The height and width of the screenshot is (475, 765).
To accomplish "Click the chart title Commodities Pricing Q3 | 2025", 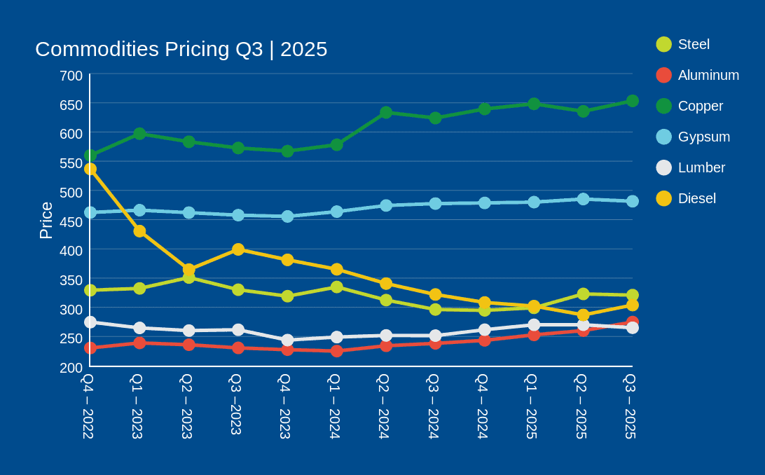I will (181, 49).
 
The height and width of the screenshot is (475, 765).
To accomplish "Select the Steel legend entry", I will (694, 44).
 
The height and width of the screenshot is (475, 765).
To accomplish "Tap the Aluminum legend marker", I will (664, 75).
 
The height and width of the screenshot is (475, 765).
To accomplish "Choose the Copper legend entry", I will (701, 106).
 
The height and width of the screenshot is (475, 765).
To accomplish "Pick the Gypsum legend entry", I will (703, 137).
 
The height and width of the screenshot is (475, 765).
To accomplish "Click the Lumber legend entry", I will (701, 167).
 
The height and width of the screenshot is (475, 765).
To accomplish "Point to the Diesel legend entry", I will (696, 198).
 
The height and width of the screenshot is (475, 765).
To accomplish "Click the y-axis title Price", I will (46, 221).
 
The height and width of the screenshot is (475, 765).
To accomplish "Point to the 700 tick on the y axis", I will (71, 76).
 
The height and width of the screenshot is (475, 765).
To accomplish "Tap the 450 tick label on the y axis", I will (71, 222).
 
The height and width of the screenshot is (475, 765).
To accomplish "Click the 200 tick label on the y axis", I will (71, 368).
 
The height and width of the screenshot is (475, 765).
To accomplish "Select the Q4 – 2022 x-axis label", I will (88, 406).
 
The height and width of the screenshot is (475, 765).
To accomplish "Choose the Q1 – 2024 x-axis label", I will (335, 406).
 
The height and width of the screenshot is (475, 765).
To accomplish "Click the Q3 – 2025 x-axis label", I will (630, 406).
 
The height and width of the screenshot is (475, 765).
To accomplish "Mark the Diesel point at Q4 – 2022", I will (90, 169).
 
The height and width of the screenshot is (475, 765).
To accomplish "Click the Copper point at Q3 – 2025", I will (633, 101).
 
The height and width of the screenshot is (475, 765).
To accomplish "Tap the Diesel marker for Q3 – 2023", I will (238, 249).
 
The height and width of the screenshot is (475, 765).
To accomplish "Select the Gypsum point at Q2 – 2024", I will (386, 205).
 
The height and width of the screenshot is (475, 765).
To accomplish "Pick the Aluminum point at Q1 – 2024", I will (337, 351).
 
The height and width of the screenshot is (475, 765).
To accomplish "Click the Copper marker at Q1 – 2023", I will (139, 134).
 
